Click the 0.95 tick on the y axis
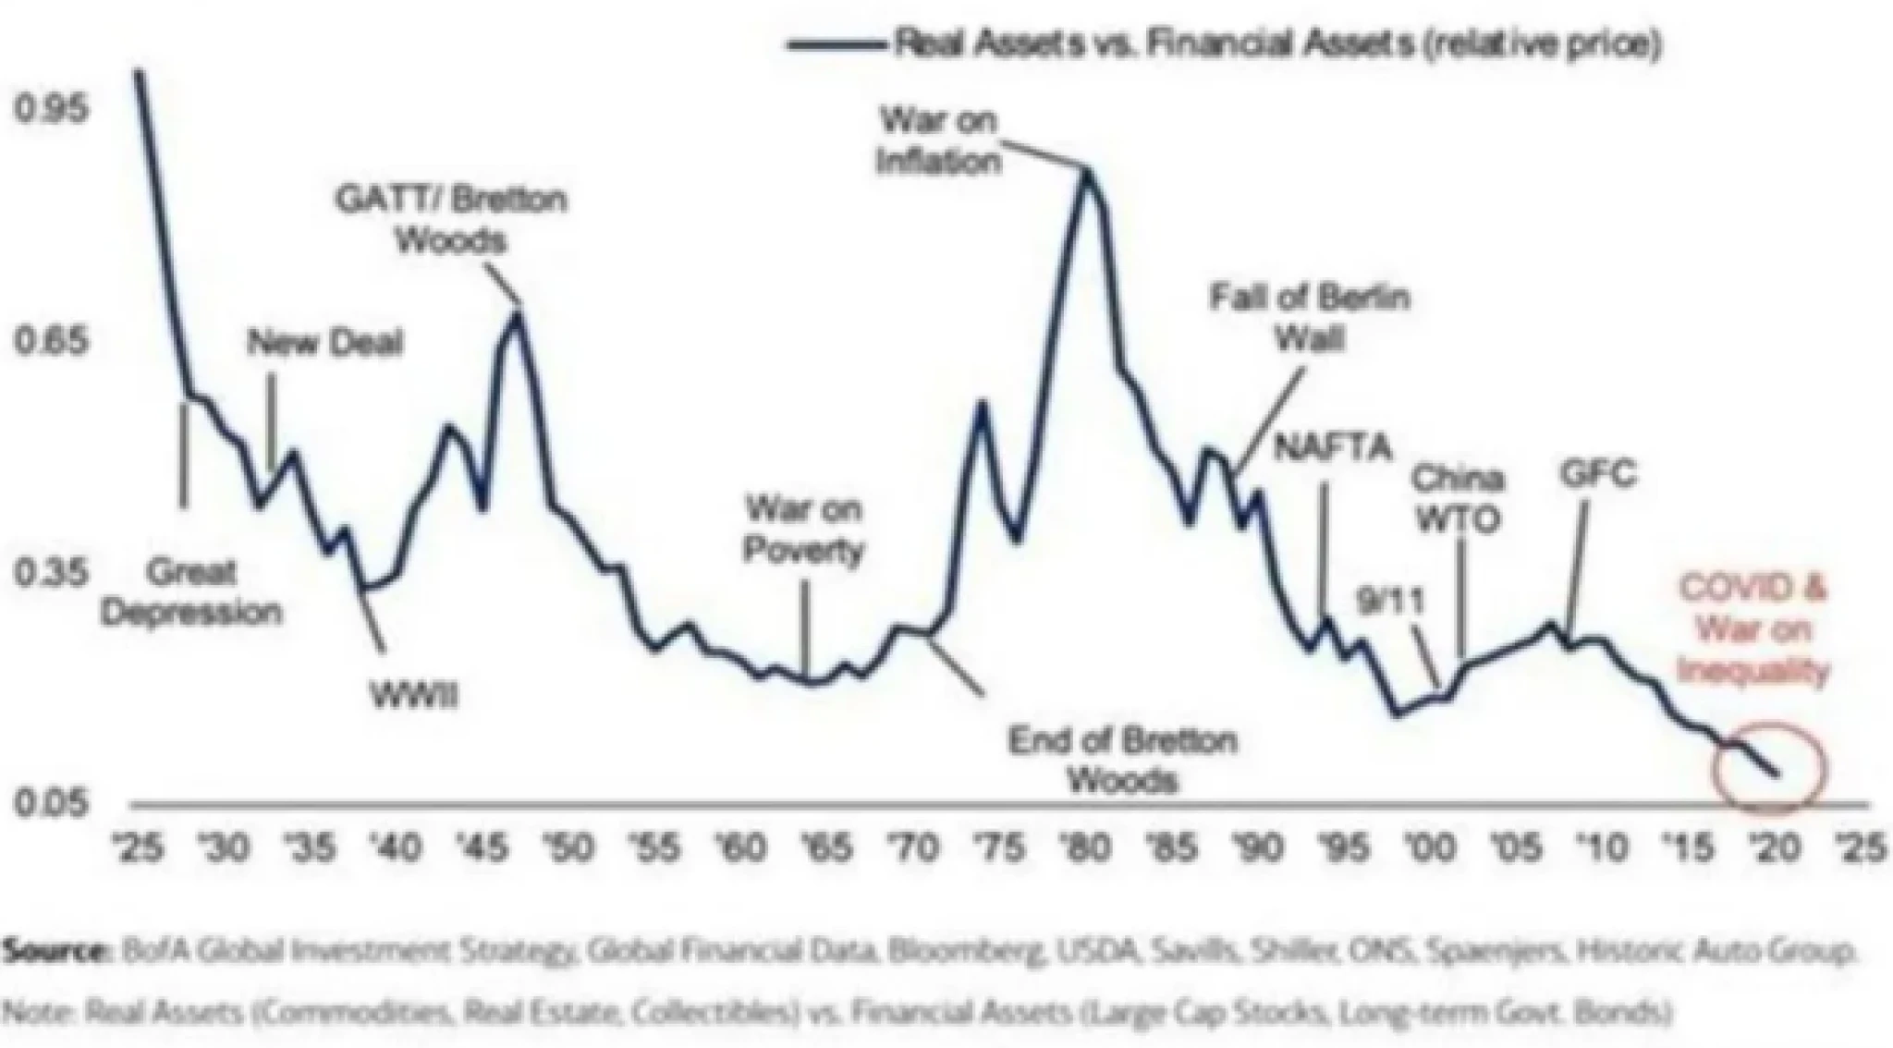(48, 108)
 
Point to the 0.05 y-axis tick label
(48, 802)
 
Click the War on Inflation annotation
(938, 140)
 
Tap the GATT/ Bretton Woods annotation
(450, 220)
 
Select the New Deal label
(325, 344)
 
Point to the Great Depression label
(191, 591)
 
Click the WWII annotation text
(413, 695)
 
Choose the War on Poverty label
(803, 530)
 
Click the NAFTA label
(1332, 448)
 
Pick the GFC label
(1597, 474)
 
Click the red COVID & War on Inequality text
(1753, 630)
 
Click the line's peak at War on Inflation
(1088, 171)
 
